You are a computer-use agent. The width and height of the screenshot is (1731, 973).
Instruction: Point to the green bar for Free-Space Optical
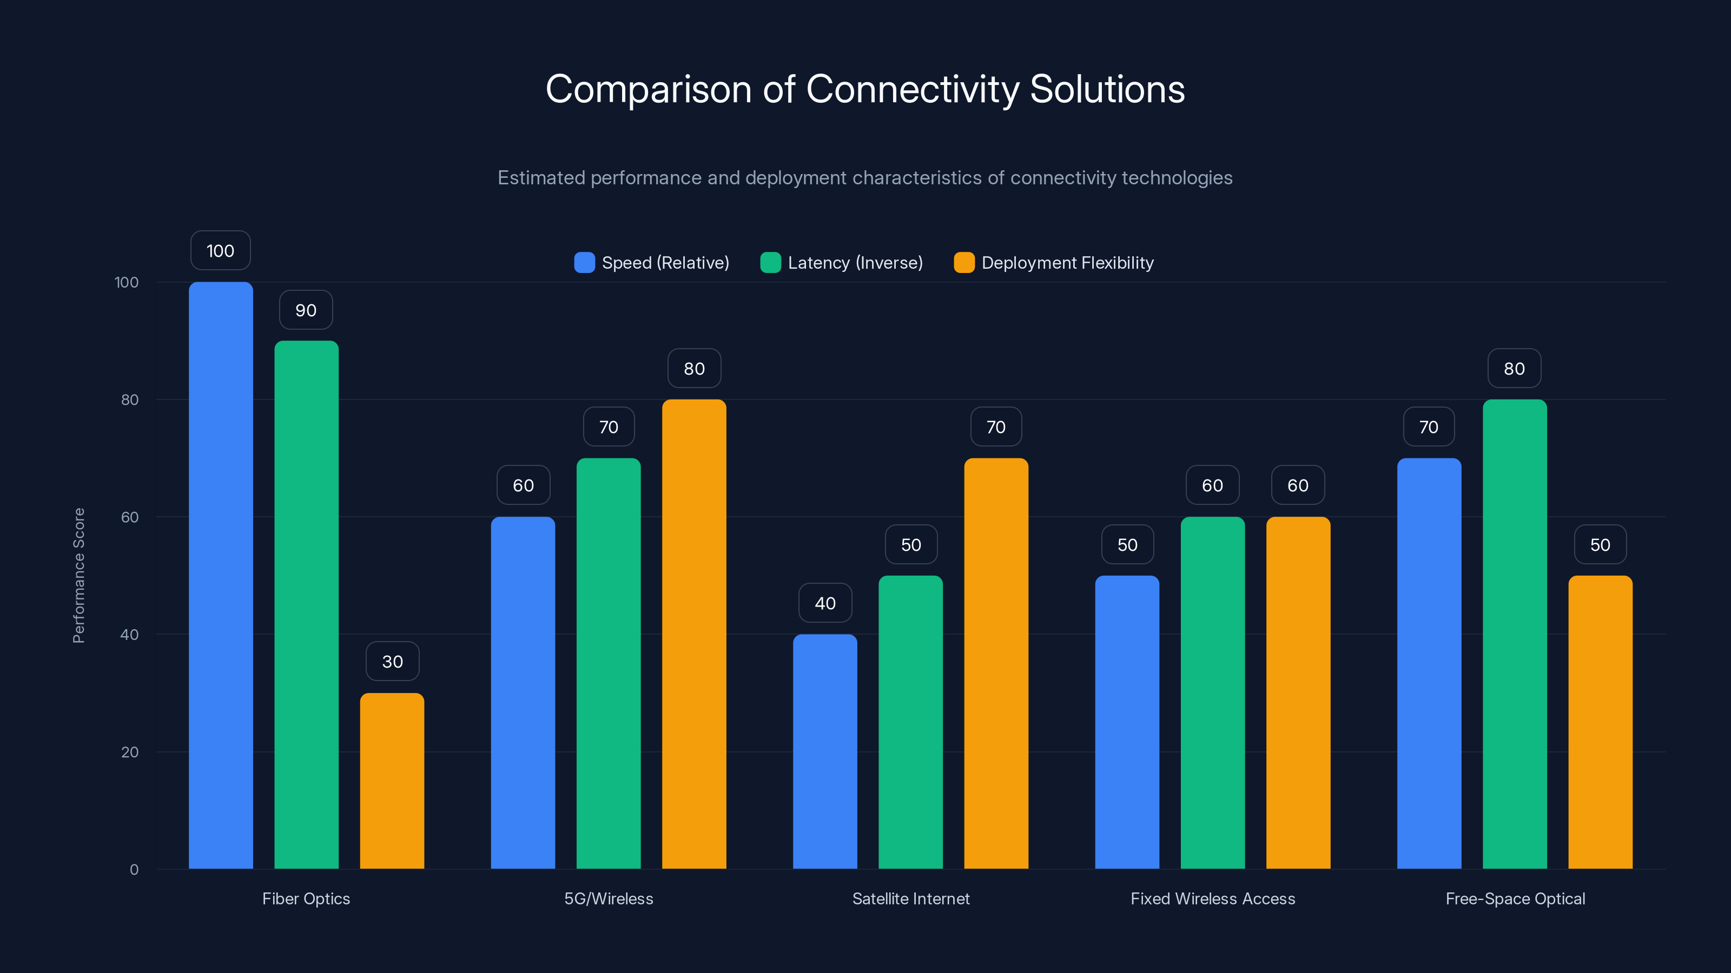coord(1515,634)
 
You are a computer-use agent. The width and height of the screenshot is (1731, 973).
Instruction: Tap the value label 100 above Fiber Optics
coord(220,250)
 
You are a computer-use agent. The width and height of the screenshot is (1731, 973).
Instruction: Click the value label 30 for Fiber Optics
coord(392,662)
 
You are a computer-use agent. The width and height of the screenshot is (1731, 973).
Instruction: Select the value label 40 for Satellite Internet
coord(825,603)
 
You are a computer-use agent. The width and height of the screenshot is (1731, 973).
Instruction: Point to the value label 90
coord(306,310)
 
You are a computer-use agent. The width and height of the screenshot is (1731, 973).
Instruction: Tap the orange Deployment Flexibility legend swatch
coord(963,263)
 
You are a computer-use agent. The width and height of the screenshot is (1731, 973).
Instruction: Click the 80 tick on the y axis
coord(130,399)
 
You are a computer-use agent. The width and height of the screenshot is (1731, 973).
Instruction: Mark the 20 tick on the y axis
coord(130,752)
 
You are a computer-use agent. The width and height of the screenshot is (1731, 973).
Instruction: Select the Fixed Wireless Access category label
coord(1212,898)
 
